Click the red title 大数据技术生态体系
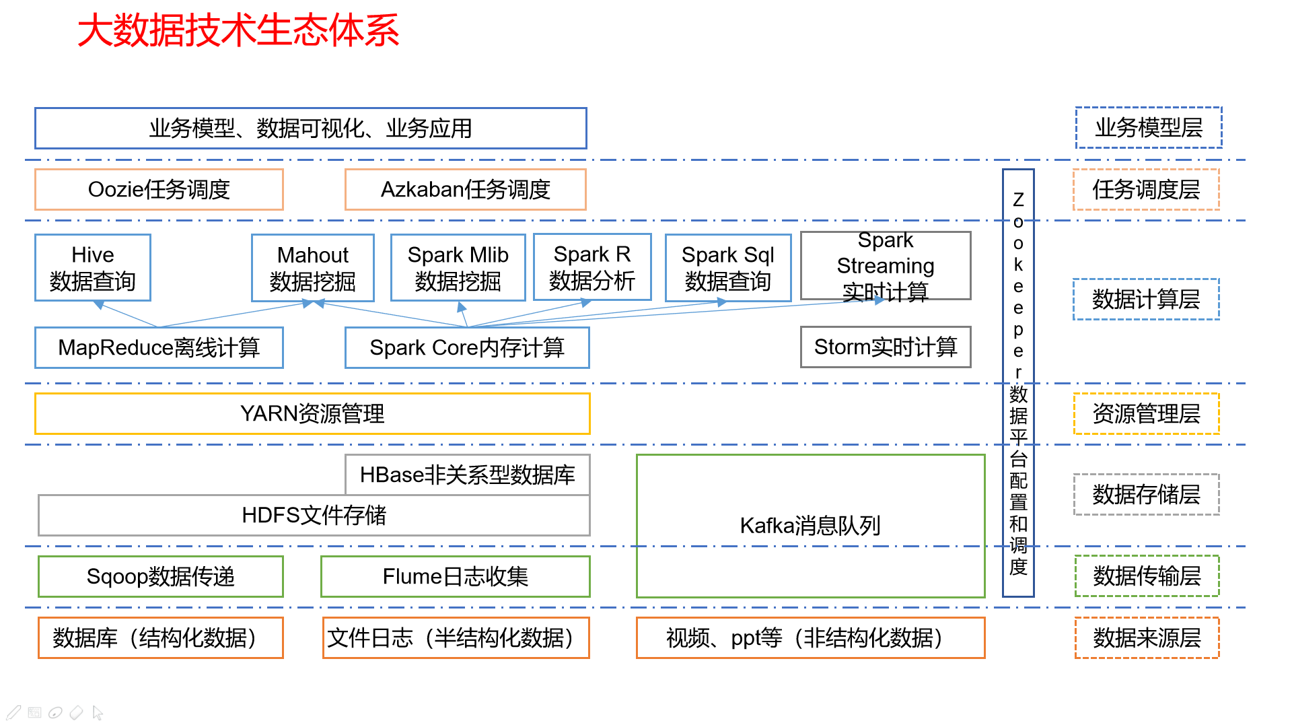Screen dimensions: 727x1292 (x=238, y=31)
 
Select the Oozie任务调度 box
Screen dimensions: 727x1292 (x=159, y=190)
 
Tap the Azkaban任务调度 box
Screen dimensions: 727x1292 (x=465, y=190)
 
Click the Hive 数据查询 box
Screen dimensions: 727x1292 (x=93, y=268)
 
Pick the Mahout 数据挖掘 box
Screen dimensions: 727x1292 (x=312, y=268)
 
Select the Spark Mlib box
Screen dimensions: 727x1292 (x=458, y=268)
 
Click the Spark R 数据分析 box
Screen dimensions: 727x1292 (x=591, y=267)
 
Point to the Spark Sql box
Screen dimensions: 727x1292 (x=727, y=268)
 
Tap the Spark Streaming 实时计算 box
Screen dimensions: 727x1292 (x=885, y=266)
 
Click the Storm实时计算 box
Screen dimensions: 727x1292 (x=885, y=347)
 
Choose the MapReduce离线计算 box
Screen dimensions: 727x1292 (x=159, y=348)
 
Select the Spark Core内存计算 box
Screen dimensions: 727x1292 (x=466, y=348)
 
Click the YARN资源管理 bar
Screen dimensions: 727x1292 (x=312, y=414)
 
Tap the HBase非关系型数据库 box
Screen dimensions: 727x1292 (x=467, y=475)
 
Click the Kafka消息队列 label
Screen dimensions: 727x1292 (x=810, y=526)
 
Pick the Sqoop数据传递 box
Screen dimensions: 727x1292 (x=160, y=577)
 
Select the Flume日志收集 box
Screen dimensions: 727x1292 (x=455, y=577)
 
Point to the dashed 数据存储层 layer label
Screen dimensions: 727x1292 (x=1146, y=495)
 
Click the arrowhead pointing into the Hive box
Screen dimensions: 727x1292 (x=99, y=305)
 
